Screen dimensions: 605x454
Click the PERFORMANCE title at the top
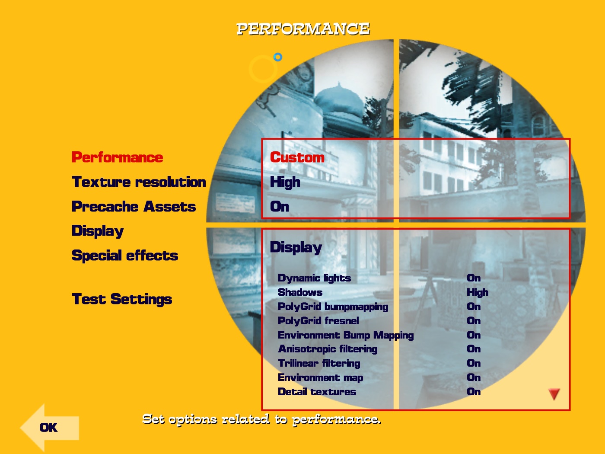303,29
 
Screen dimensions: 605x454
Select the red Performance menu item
118,157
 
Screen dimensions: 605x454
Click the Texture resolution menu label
139,182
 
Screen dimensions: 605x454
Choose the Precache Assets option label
134,207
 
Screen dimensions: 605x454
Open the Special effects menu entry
125,255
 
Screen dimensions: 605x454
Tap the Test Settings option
122,299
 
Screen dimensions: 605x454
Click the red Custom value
297,157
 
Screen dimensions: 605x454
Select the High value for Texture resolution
285,182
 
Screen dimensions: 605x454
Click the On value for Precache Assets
280,207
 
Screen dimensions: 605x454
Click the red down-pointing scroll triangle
554,393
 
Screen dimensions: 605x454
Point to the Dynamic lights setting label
314,278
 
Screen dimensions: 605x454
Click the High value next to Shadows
478,292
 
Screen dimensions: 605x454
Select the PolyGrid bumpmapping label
333,307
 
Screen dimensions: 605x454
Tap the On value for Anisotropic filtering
474,349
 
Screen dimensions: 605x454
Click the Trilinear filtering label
319,363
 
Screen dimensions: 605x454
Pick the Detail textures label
317,392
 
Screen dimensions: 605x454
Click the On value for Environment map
474,377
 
